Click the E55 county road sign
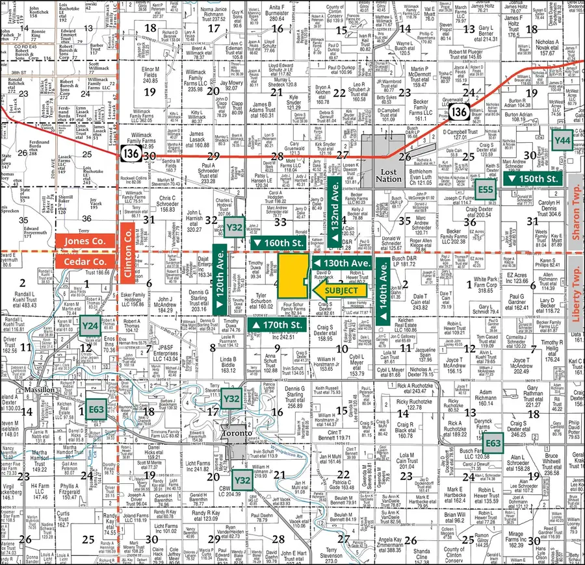(485, 190)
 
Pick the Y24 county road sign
(90, 325)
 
